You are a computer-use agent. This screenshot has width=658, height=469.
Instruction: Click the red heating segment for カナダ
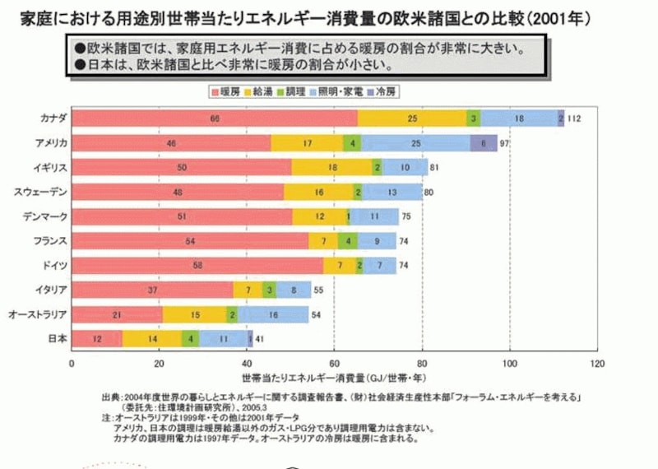tap(214, 118)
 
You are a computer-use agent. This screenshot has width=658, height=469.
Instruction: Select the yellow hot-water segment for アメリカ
tap(307, 143)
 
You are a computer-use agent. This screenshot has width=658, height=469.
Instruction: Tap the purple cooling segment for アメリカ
tap(484, 143)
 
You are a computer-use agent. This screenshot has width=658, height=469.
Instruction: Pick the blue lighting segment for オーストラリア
tap(273, 314)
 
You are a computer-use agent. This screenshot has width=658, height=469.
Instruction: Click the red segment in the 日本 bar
tap(97, 339)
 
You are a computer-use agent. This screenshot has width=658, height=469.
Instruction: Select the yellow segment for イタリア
tap(248, 290)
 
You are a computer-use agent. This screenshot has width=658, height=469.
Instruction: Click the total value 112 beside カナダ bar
tap(574, 119)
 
